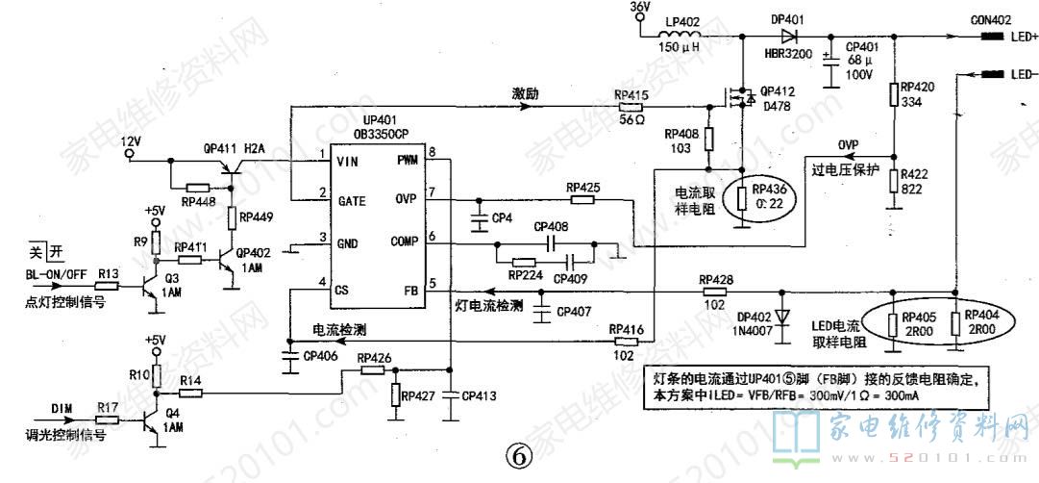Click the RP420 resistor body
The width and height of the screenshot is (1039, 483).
pyautogui.click(x=894, y=93)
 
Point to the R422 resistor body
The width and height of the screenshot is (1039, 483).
pyautogui.click(x=894, y=182)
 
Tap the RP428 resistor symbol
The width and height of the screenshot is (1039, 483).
pyautogui.click(x=715, y=291)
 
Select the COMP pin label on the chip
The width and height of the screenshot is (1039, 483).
pyautogui.click(x=403, y=241)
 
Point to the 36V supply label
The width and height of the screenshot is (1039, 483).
pyautogui.click(x=640, y=7)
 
